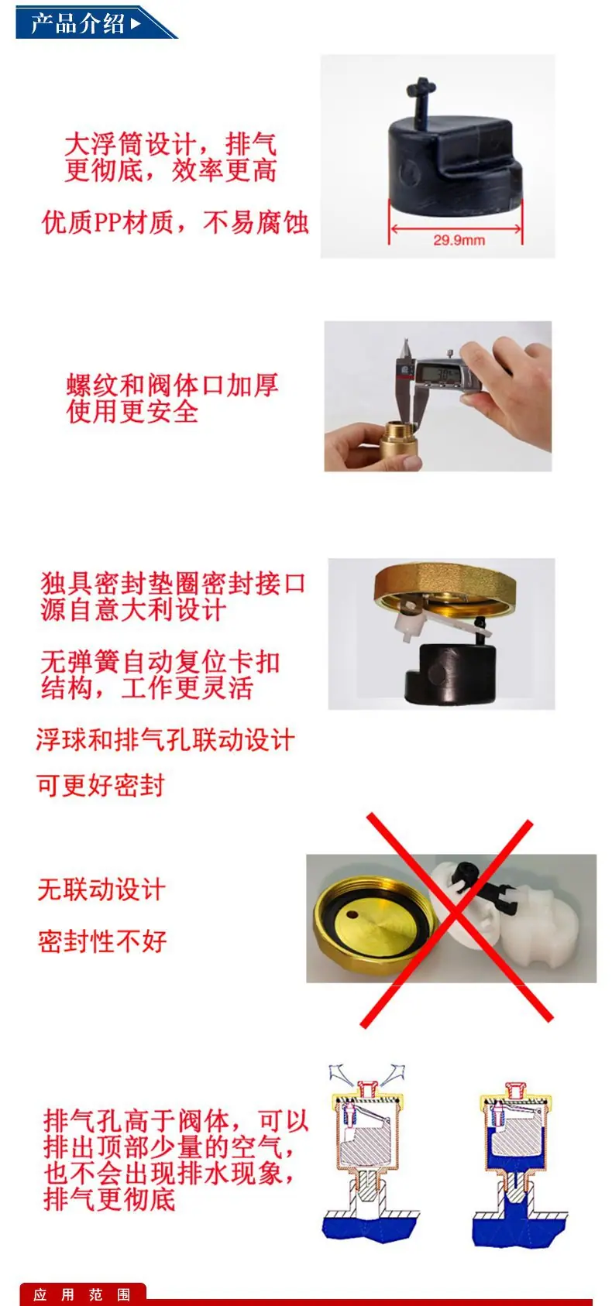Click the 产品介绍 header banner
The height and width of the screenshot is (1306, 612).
(93, 22)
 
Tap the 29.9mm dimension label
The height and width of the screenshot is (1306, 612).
(459, 240)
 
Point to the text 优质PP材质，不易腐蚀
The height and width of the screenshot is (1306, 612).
(175, 222)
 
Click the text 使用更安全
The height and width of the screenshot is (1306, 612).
(132, 412)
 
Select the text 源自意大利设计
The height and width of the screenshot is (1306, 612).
(133, 611)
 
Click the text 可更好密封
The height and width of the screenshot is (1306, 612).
(101, 785)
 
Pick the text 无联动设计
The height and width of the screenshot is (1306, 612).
(101, 890)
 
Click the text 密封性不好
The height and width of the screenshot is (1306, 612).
(102, 941)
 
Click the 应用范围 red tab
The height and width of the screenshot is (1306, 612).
(82, 1295)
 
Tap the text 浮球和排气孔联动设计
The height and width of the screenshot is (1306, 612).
(166, 740)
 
